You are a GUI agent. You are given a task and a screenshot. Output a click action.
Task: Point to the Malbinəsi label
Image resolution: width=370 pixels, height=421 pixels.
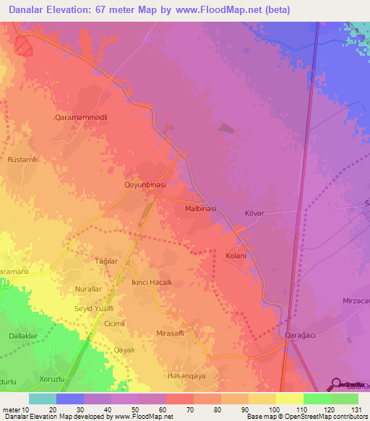coord(207,208)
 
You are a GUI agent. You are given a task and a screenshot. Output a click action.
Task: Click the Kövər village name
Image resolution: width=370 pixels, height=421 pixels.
coord(255,213)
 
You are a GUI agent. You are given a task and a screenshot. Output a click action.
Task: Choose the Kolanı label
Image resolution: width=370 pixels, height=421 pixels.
coord(236,256)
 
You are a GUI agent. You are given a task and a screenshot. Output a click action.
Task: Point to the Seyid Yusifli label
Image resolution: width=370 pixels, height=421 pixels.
coord(90,308)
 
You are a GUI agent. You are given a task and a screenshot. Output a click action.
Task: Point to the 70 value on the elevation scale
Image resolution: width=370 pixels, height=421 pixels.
coord(189,410)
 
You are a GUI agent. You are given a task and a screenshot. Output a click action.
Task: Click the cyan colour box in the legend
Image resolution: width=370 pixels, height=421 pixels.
coord(43,399)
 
